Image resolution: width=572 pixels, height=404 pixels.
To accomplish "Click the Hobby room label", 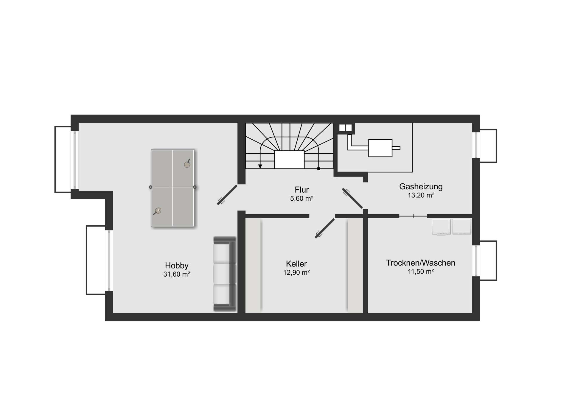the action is [177, 266].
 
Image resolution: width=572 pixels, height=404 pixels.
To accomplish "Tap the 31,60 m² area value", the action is [177, 274].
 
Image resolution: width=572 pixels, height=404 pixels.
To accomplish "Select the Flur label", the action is [301, 190].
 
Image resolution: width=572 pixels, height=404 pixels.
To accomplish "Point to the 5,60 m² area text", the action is [301, 199].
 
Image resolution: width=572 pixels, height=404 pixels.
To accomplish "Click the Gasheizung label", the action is [421, 187].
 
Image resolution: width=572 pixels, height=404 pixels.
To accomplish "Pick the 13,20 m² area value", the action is [421, 195].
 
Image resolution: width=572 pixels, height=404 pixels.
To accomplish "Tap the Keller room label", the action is [296, 264].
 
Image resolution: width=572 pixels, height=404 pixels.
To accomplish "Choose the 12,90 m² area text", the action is [296, 272].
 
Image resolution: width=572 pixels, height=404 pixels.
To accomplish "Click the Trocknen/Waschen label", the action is [421, 263].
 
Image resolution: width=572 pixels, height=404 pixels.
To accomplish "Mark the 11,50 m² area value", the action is [421, 272].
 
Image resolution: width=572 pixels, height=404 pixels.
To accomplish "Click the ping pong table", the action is [173, 188].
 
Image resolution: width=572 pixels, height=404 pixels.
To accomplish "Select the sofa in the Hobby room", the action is [225, 274].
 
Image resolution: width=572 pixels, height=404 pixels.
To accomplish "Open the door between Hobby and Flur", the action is [227, 195].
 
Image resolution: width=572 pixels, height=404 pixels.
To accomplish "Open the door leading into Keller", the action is [325, 228].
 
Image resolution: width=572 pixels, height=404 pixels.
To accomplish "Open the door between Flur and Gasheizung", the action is [352, 198].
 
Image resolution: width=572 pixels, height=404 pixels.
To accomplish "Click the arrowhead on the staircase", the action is [260, 166].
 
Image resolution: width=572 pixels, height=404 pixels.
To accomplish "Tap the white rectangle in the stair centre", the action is [289, 160].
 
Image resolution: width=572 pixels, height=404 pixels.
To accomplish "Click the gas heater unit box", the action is [380, 148].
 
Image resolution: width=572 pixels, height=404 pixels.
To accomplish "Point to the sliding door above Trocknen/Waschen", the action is [413, 216].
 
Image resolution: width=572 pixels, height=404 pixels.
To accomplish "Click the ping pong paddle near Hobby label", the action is [158, 211].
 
